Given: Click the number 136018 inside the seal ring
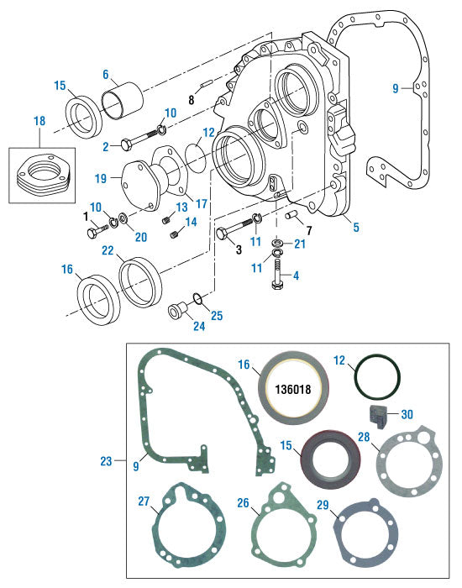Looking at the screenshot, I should (289, 391).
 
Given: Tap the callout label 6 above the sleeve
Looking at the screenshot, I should (106, 74).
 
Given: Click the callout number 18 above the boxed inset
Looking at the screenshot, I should (39, 123).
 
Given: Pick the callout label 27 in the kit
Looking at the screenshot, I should (143, 501).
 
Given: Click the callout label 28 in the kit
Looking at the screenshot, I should (364, 436).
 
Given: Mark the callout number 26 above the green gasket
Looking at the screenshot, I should (243, 504).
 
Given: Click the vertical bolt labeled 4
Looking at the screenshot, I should (278, 273).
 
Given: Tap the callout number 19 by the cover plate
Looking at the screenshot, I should (100, 179).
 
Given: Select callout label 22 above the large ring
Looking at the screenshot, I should (108, 250).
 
